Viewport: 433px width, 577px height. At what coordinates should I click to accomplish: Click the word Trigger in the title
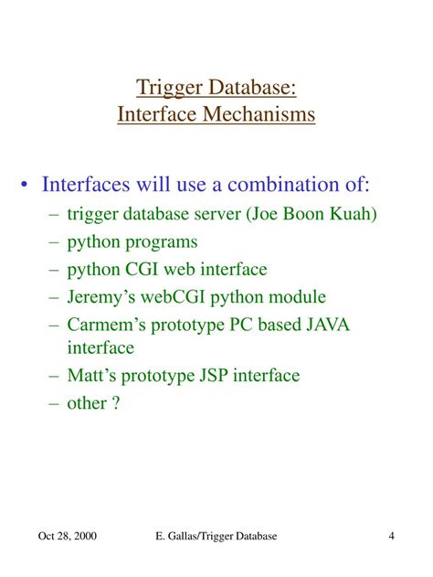167,89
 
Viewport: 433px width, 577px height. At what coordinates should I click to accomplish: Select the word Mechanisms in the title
264,116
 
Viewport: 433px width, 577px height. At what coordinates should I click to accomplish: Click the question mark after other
116,402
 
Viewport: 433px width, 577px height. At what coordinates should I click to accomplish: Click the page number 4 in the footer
391,537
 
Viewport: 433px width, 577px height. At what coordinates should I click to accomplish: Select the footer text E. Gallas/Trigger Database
216,537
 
